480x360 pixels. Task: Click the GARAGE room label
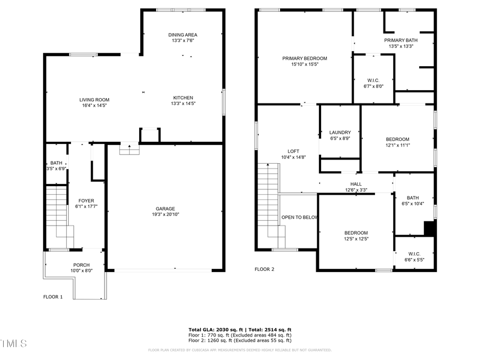coord(165,209)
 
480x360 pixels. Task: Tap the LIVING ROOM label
coord(94,100)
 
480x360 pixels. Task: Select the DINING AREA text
coord(183,35)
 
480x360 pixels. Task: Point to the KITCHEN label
coord(183,98)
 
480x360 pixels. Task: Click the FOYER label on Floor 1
coord(86,201)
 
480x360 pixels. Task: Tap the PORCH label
coord(82,265)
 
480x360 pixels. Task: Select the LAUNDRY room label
coord(340,132)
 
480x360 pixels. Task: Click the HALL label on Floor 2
coord(356,184)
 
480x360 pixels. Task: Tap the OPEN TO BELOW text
coord(300,218)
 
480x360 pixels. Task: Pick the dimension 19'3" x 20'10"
coord(165,215)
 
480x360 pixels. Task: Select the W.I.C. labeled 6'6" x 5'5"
coord(414,254)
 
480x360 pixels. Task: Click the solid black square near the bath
coord(430,228)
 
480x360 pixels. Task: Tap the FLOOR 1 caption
coord(53,297)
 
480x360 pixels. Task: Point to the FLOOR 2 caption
coord(264,269)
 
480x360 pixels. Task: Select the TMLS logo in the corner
coord(13,343)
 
